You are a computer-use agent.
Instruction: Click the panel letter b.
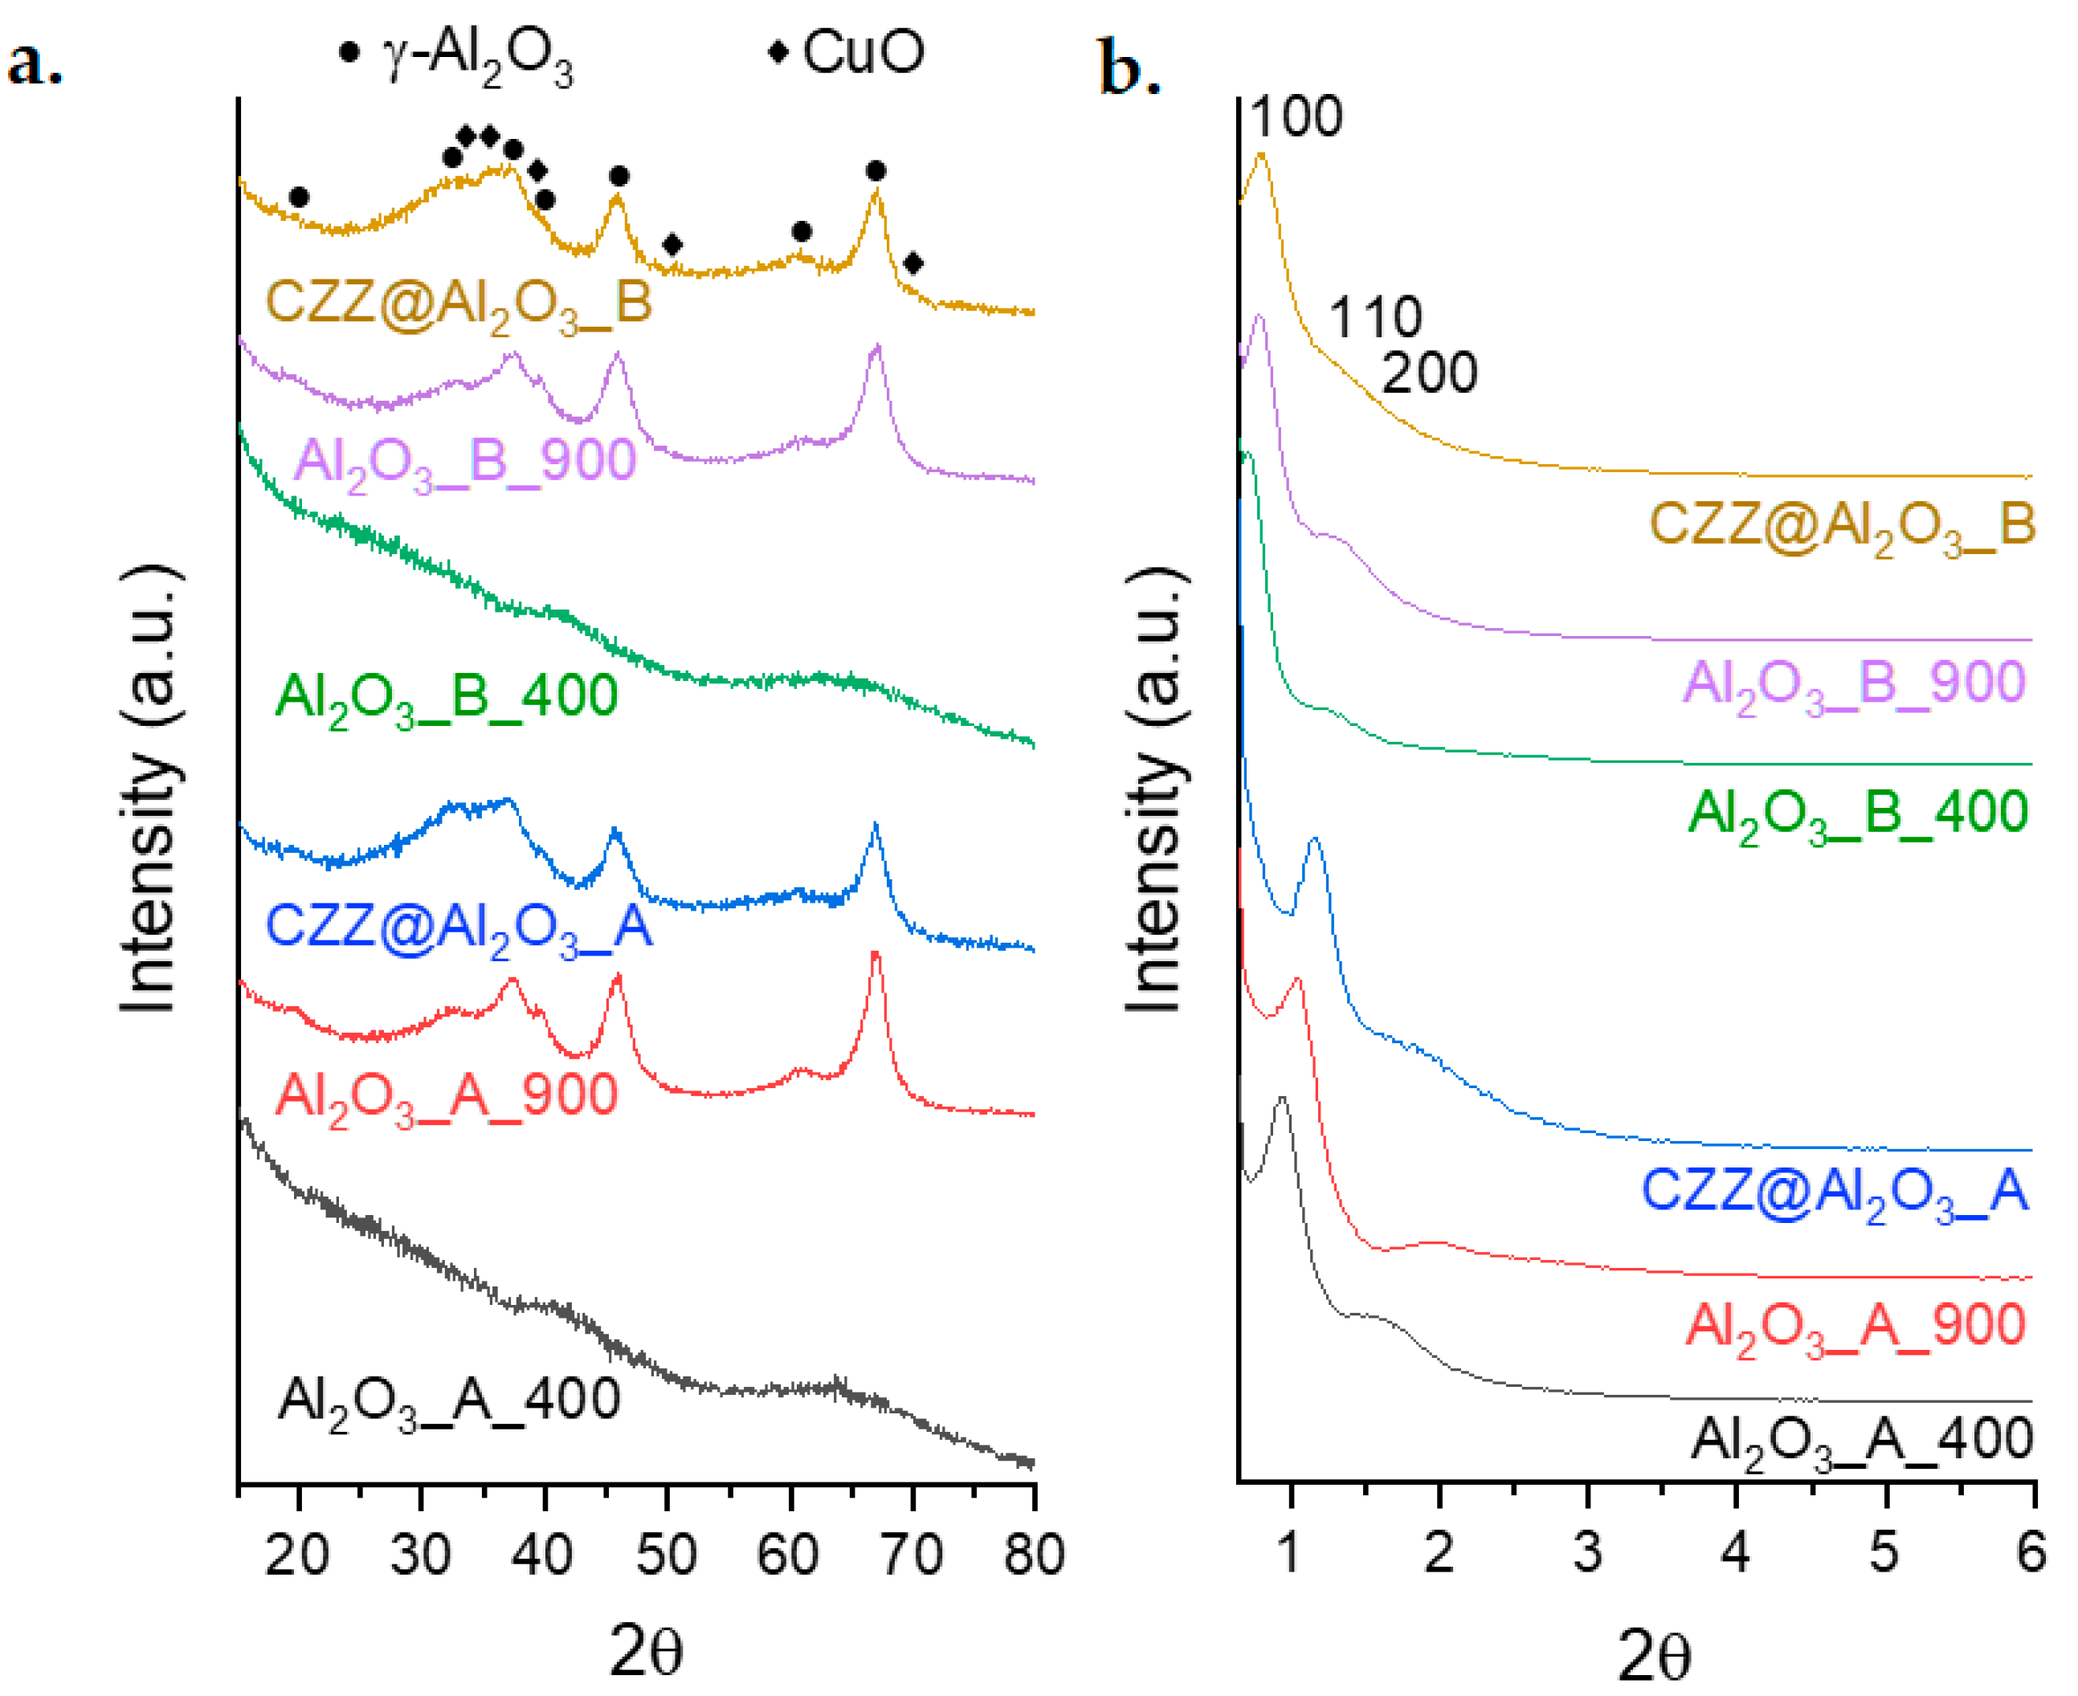[x=1129, y=67]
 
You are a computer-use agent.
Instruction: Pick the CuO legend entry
[x=848, y=51]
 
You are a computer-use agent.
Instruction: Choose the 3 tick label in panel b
[x=1587, y=1551]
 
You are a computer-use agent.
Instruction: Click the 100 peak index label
[x=1296, y=117]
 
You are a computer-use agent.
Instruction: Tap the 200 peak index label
[x=1429, y=373]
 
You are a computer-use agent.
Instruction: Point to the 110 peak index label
[x=1374, y=317]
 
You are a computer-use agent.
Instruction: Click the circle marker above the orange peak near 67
[x=876, y=172]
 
